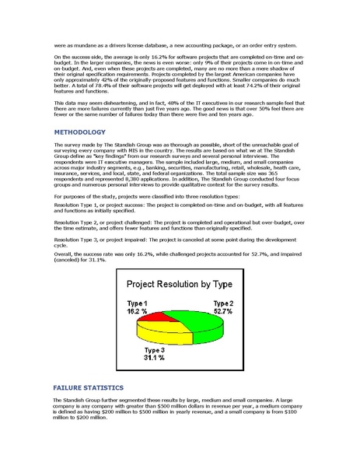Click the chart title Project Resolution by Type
point(180,285)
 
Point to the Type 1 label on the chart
point(137,302)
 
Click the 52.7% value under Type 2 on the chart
point(223,310)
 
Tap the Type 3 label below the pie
point(155,350)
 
